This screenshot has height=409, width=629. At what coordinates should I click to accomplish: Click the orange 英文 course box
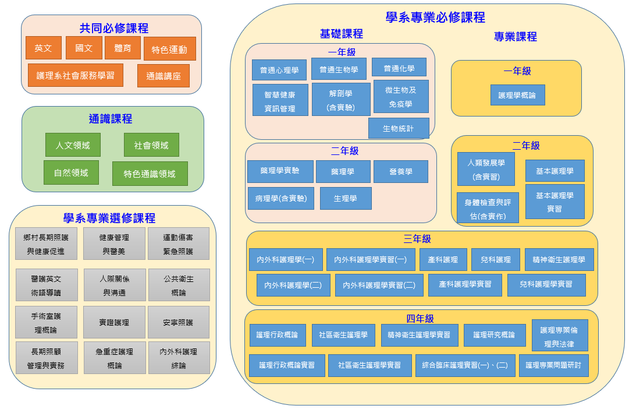point(43,48)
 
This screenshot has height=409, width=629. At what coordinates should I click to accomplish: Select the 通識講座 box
point(164,76)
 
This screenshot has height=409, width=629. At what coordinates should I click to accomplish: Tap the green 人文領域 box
point(72,145)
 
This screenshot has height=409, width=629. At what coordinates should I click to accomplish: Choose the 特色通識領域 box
point(150,174)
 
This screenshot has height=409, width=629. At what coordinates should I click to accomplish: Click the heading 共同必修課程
point(113,28)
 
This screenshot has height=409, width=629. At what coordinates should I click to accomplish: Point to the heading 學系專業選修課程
point(109,218)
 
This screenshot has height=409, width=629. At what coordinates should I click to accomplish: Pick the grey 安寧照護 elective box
point(178,322)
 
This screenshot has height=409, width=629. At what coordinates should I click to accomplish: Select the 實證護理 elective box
point(114,322)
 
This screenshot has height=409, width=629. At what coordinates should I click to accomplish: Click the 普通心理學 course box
point(279,70)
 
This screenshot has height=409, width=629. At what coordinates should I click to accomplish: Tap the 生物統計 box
point(399,128)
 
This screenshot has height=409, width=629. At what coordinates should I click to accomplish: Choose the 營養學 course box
point(400,171)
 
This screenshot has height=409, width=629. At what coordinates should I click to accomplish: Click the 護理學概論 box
point(517,94)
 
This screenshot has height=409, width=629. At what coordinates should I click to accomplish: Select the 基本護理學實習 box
point(555,202)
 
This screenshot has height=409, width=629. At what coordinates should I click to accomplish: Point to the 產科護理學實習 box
point(464,284)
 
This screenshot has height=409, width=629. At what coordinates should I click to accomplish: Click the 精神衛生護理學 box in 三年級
point(559,259)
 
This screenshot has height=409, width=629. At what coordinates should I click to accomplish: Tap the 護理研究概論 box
point(493,335)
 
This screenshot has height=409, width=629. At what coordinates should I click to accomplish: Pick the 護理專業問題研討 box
point(553,365)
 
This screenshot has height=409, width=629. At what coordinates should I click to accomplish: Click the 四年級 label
point(420,318)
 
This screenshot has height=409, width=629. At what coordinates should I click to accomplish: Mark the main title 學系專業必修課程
point(435,17)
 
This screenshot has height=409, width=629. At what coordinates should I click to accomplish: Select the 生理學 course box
point(345,198)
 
